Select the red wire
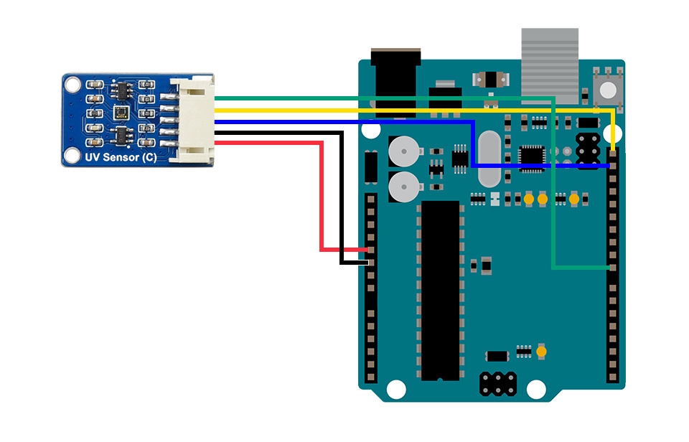(x=321, y=194)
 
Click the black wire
(x=341, y=201)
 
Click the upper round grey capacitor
(x=403, y=151)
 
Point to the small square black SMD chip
(x=532, y=154)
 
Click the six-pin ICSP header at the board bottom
(x=497, y=384)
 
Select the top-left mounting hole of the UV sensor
(x=72, y=85)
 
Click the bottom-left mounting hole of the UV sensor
(x=72, y=154)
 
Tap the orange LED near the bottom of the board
(x=542, y=352)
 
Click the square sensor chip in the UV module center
(x=119, y=112)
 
